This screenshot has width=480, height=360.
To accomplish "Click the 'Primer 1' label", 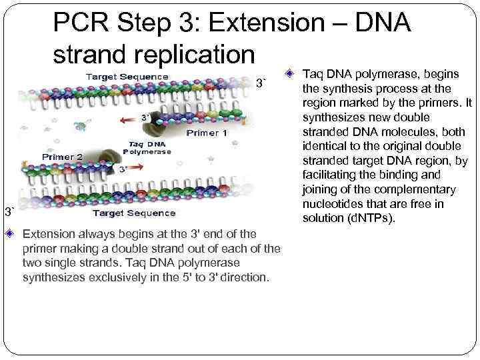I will point(207,133).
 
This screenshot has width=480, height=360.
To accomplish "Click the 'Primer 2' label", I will point(62,157).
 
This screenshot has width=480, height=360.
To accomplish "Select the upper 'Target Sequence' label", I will point(126,76).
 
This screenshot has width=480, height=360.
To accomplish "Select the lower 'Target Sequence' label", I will point(134,213).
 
